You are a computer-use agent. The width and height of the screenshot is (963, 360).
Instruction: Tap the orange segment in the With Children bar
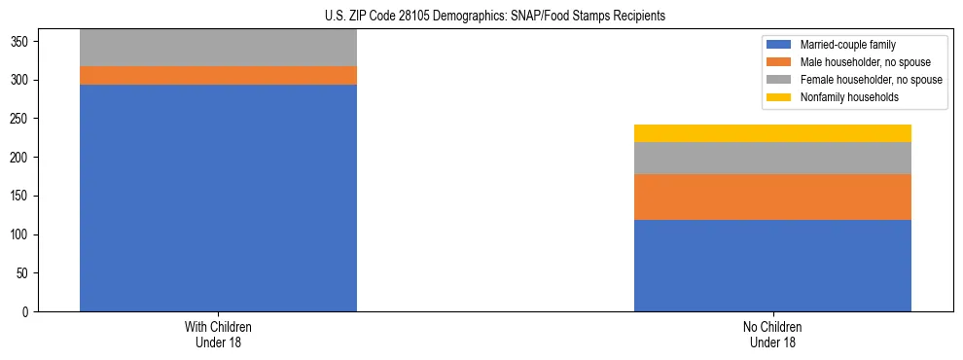[218, 75]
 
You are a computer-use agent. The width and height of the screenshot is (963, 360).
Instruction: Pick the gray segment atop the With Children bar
[218, 48]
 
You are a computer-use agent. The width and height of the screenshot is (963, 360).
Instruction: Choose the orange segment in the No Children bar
[772, 197]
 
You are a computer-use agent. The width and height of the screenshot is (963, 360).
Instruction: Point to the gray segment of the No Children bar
[772, 158]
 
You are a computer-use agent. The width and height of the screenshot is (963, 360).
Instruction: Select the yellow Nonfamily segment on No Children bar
[772, 133]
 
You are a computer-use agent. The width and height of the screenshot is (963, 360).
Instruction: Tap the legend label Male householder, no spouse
[865, 62]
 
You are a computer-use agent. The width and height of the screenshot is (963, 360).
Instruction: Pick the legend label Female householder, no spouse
[871, 80]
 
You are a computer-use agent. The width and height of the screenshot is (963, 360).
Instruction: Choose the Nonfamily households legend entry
[849, 97]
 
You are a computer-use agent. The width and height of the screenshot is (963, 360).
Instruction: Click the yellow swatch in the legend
[780, 97]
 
